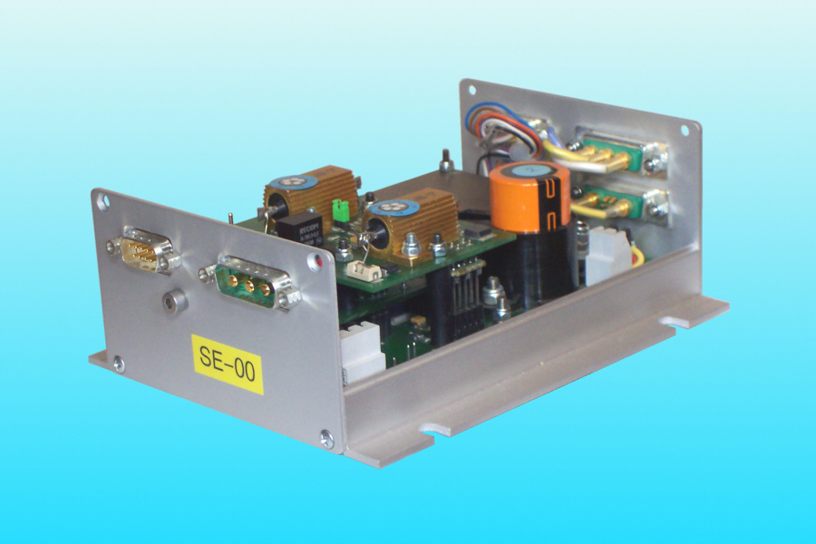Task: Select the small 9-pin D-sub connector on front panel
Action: pos(141,251)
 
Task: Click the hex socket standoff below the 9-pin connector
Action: pos(173,299)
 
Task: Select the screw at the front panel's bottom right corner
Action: pos(326,440)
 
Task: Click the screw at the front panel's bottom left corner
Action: pos(118,364)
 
